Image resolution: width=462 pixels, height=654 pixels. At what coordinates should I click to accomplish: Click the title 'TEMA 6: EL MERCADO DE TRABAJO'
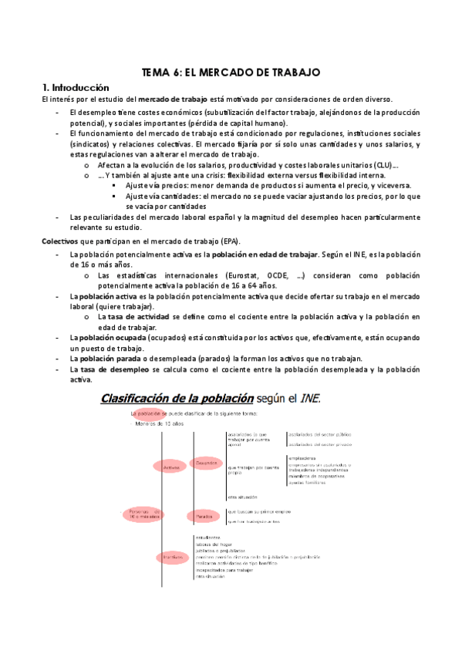[231, 72]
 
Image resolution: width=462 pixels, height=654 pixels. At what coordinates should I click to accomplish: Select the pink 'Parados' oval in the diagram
[204, 515]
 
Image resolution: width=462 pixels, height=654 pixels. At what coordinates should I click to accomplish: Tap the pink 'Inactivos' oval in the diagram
[170, 556]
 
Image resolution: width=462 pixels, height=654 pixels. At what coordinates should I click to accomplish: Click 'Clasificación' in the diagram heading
[139, 398]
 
